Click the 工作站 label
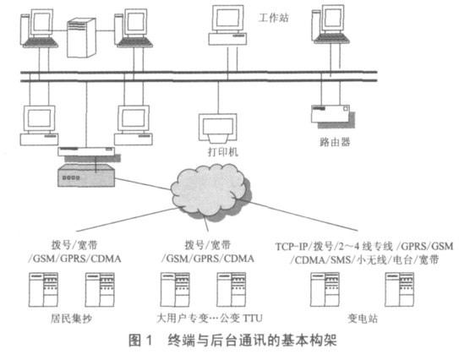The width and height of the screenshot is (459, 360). pos(273,18)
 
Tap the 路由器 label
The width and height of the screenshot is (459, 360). pos(335,142)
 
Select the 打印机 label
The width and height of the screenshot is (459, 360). pos(223,152)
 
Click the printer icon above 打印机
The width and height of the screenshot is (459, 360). pos(218,128)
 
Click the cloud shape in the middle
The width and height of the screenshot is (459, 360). pos(210,192)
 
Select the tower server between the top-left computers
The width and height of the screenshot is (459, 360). pos(81,37)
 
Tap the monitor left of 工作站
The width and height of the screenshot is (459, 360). pos(227,25)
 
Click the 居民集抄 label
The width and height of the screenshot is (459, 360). pos(71,318)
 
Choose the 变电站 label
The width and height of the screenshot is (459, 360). pos(363,318)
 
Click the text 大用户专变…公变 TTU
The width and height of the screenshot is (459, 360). pos(210,318)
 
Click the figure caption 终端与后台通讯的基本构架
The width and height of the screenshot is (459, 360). pos(253,341)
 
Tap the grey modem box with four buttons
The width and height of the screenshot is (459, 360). pos(86,176)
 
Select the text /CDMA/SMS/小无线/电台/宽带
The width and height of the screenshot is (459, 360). pos(364,260)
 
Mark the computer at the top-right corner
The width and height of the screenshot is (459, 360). pos(331,24)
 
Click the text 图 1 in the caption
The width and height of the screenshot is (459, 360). pos(141,341)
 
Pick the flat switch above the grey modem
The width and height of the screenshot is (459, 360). pos(86,151)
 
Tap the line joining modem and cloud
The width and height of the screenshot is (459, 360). pos(143,184)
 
